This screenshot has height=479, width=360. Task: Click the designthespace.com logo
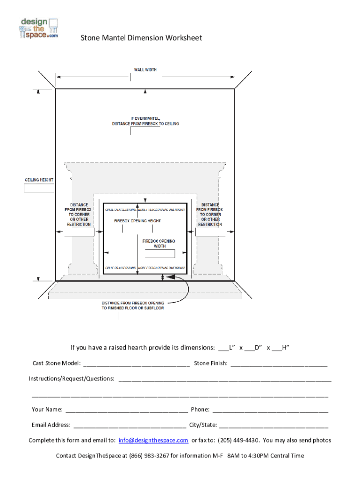[39, 29]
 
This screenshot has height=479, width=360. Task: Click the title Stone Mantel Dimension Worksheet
[142, 38]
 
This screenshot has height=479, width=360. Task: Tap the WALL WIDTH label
[145, 70]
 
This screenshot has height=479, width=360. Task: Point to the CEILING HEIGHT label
[39, 180]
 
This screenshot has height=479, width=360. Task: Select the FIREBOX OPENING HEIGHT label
[137, 220]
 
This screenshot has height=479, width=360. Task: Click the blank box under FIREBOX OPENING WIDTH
[160, 254]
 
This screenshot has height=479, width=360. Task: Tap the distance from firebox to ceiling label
[145, 121]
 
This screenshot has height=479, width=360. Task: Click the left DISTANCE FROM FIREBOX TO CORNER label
[78, 215]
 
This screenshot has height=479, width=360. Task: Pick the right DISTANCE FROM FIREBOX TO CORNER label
[210, 215]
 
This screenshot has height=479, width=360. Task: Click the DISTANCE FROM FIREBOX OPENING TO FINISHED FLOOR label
[133, 305]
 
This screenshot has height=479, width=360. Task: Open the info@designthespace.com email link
[153, 440]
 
